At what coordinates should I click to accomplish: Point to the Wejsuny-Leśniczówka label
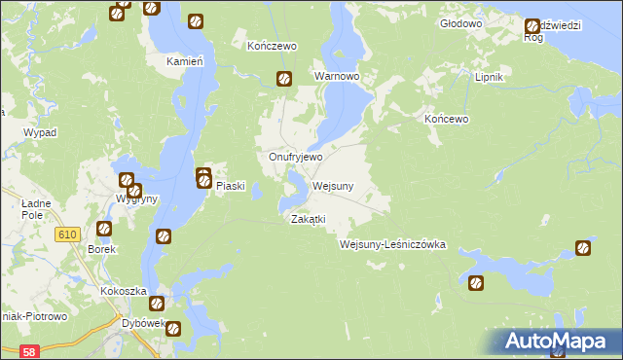tap(392, 244)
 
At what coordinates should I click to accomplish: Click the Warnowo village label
tap(336, 75)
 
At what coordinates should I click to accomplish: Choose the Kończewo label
tap(272, 46)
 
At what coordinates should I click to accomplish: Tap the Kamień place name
tap(185, 60)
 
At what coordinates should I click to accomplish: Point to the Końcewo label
tap(447, 119)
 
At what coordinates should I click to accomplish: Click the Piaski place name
tap(228, 187)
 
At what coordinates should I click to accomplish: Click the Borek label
tap(102, 249)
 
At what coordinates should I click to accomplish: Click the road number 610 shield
tap(67, 234)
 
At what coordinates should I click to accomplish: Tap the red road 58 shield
tap(29, 351)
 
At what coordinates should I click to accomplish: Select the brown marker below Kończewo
tap(284, 80)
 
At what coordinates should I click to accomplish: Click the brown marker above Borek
tap(104, 229)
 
